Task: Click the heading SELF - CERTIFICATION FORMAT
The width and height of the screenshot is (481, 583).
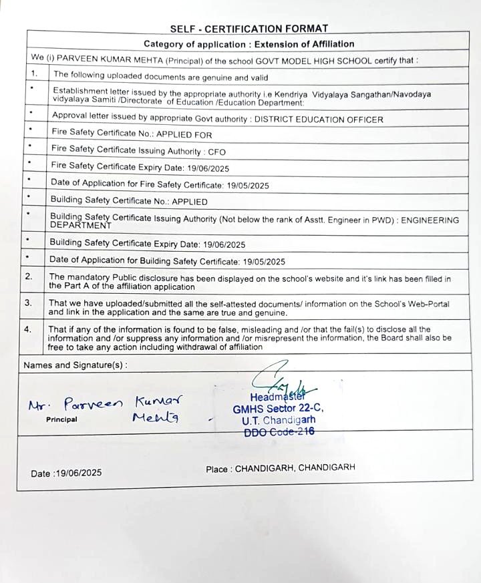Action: coord(249,29)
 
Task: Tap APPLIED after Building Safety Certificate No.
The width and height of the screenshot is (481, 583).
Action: coord(190,201)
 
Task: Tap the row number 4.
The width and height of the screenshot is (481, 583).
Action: coord(28,329)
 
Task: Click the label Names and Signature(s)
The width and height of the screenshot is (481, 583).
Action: coord(75,365)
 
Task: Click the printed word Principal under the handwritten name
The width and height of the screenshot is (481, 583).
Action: coord(61,420)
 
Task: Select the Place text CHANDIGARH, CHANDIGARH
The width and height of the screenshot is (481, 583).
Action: coord(295,469)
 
